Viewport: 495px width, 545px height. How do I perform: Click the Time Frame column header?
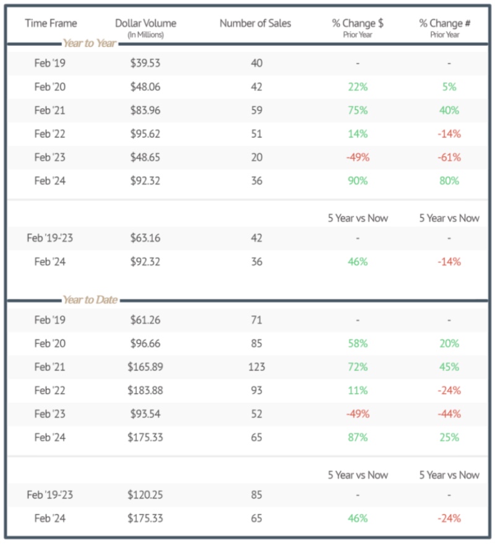point(51,23)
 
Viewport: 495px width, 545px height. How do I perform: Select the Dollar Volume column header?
point(145,23)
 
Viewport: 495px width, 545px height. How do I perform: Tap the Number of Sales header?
point(255,23)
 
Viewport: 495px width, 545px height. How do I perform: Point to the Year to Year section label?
point(90,44)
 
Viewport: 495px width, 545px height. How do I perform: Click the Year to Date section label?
point(90,300)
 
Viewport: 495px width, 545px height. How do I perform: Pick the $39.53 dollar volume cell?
point(145,63)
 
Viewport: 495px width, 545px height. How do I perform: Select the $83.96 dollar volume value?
point(145,110)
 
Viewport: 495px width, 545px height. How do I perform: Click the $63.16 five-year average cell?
point(145,238)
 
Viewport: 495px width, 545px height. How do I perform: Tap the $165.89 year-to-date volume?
point(145,367)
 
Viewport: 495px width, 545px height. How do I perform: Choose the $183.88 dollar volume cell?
point(145,391)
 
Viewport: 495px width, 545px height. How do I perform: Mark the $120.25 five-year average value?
point(145,495)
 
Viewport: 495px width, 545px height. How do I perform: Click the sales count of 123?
point(256,367)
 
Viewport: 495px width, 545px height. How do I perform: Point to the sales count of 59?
point(256,110)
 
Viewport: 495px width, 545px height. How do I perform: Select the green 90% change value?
point(358,181)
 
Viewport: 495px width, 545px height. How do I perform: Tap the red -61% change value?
point(449,158)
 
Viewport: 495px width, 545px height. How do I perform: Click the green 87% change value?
point(358,437)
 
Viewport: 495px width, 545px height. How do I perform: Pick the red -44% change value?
point(449,414)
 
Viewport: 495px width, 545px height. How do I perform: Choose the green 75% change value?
point(358,110)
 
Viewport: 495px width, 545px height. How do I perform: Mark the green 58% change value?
point(358,344)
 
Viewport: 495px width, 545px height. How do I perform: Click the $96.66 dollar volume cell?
point(145,344)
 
